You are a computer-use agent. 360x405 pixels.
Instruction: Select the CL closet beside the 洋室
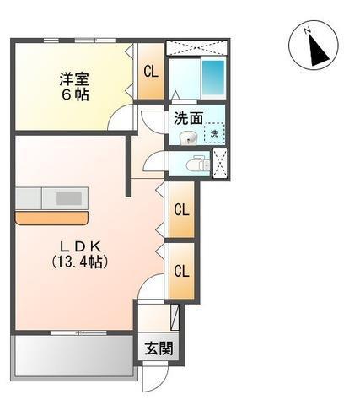pyautogui.click(x=150, y=72)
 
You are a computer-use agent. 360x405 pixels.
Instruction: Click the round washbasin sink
pyautogui.click(x=190, y=138)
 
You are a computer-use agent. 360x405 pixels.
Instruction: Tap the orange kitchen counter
pyautogui.click(x=51, y=218)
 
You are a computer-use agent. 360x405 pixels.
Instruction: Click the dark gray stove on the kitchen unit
pyautogui.click(x=68, y=199)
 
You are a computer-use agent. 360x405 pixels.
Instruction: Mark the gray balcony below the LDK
pyautogui.click(x=73, y=355)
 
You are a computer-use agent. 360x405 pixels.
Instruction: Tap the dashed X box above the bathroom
pyautogui.click(x=197, y=46)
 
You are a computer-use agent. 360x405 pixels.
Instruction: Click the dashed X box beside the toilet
pyautogui.click(x=222, y=164)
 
